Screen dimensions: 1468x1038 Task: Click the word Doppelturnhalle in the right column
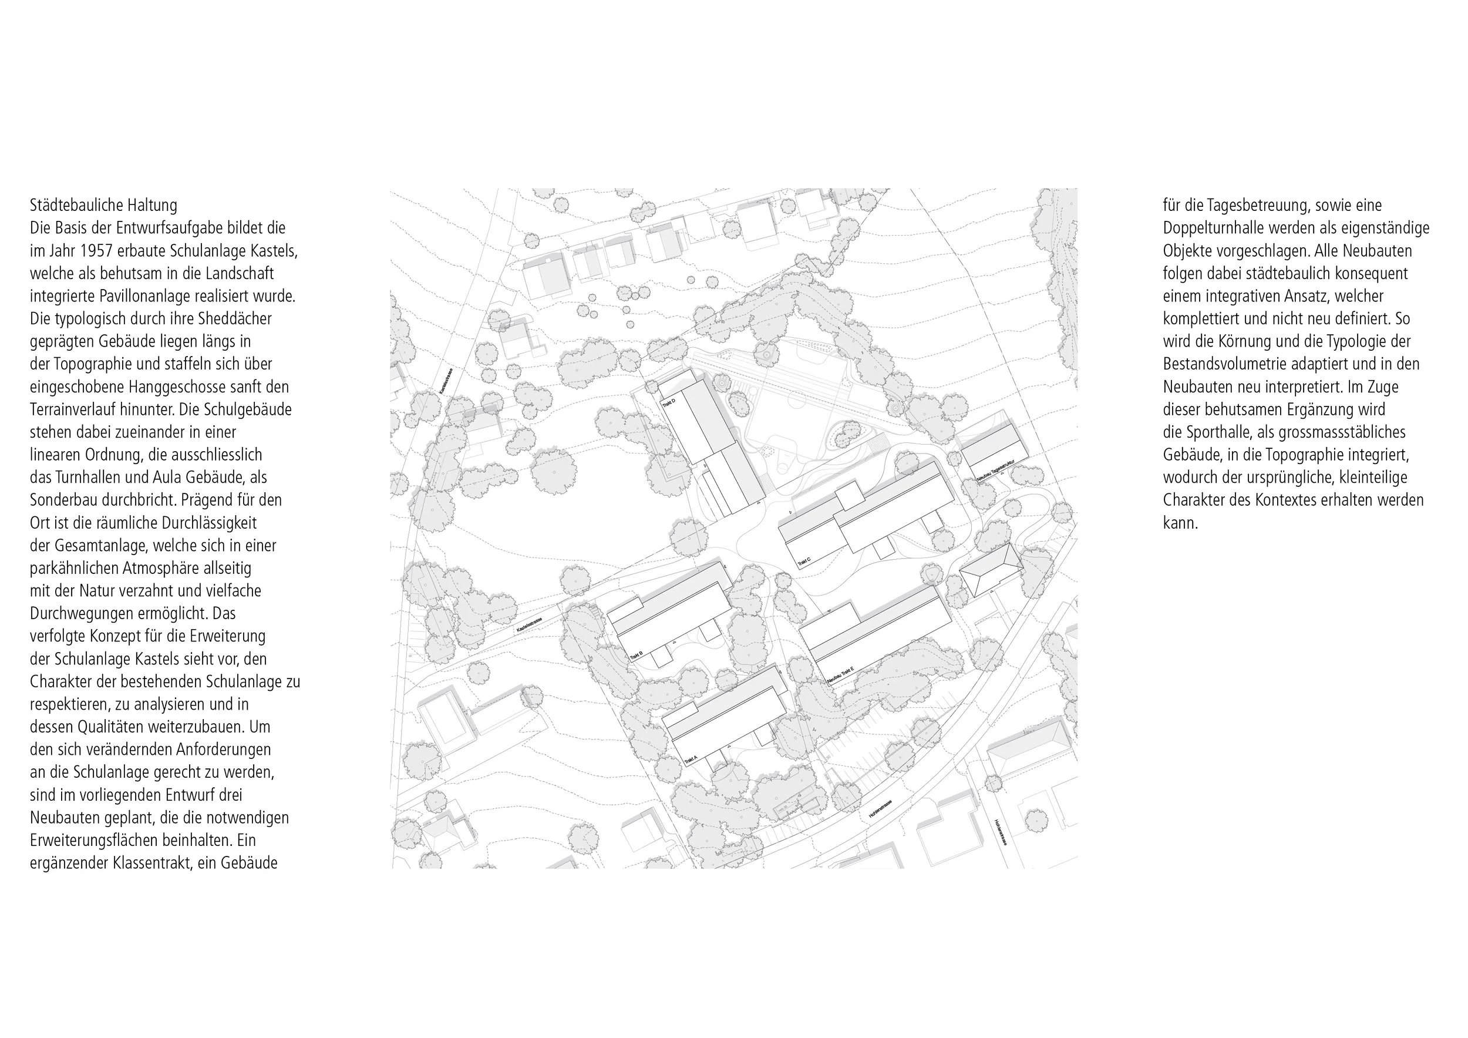click(x=1216, y=229)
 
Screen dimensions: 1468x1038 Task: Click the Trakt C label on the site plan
click(x=804, y=562)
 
